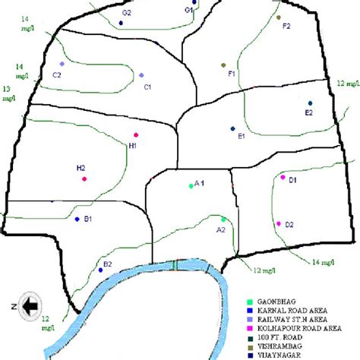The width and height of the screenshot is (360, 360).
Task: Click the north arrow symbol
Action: coord(30,305)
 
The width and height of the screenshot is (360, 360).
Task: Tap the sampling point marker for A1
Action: coord(191,185)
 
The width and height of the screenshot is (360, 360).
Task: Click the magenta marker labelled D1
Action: coord(283,177)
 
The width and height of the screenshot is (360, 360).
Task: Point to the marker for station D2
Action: coord(279,223)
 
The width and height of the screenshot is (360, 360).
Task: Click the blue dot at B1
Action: coord(77,219)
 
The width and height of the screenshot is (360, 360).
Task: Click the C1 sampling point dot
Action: coord(141,74)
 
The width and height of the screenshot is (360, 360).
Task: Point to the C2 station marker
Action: coord(62,64)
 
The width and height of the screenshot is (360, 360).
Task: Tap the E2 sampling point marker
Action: coord(310,103)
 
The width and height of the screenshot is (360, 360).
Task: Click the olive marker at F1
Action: coord(223,65)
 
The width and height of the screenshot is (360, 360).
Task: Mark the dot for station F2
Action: coord(279,17)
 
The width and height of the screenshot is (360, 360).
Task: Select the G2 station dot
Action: coord(122,24)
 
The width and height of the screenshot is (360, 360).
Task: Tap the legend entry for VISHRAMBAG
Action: coord(282,343)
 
